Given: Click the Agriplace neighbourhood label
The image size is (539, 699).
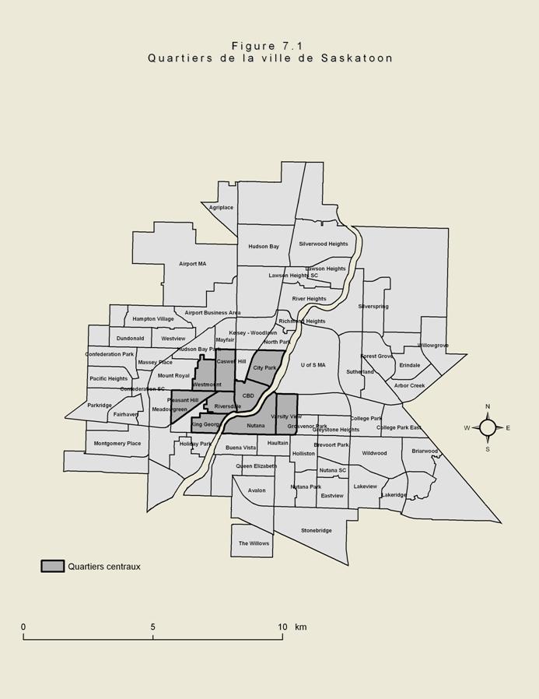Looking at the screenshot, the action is coord(221,208).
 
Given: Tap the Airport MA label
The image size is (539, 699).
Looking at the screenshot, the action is coord(192,264).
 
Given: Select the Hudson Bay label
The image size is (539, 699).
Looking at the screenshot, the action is coord(264,247).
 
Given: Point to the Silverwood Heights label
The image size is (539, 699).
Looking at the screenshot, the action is coord(324,244).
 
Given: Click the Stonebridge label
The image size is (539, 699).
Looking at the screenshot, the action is coord(317,531).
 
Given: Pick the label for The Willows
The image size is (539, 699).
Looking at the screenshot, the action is coord(254,543).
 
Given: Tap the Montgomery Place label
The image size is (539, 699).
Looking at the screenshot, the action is coord(117,444).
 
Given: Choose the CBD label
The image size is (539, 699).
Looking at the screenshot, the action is coord(248,396).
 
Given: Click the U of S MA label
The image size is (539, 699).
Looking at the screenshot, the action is coord(313,365).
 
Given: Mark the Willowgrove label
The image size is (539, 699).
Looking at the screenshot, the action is coord(433,346).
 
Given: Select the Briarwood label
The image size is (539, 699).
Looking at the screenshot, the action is coord(425,451).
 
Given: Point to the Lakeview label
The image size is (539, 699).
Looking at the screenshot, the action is coord(365,486).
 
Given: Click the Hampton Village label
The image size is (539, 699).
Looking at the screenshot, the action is coord(153,319).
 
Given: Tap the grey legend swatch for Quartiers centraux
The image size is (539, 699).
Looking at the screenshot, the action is coord(52,567).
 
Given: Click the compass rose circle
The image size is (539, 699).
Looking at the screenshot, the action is coord(488,427).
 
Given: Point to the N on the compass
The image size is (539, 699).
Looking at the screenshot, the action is coord(488,406).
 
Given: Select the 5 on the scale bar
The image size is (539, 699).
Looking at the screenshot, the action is coord(153,627).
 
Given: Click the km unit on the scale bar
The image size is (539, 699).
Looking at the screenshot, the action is coord(301,627).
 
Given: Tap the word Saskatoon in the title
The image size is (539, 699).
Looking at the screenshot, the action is coord(357,58).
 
